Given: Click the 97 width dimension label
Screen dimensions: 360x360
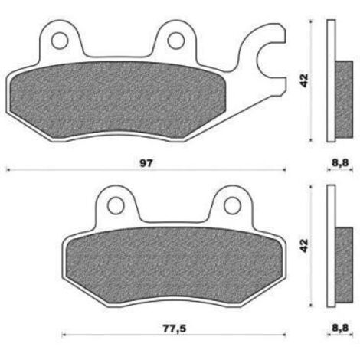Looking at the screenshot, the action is click(x=146, y=162).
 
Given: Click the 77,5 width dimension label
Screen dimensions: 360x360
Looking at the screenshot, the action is click(x=175, y=329).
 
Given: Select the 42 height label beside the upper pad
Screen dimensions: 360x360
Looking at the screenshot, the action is click(x=304, y=80).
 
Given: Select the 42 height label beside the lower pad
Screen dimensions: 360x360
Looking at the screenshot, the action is click(x=304, y=246).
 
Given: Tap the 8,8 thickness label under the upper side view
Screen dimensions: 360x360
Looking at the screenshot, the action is click(x=340, y=162).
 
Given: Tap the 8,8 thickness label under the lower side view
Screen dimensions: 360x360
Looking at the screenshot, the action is click(x=340, y=328).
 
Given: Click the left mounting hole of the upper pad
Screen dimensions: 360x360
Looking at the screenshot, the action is click(x=60, y=41).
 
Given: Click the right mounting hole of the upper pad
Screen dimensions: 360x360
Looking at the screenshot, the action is click(x=176, y=41).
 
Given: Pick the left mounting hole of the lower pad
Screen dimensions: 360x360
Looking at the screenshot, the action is click(x=116, y=205).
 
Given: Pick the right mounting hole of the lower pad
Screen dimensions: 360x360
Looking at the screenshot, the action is click(x=232, y=205).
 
